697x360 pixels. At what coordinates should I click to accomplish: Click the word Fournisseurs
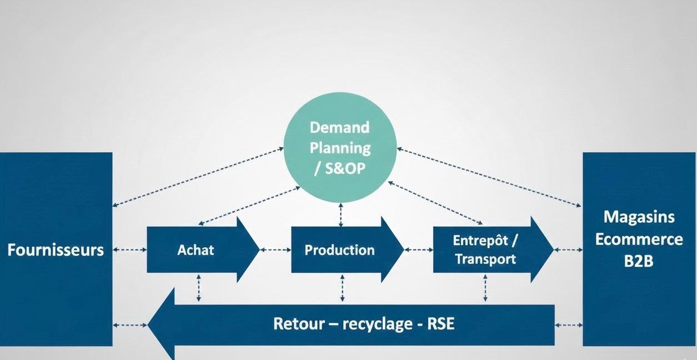56,250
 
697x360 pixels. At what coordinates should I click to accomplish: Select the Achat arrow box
195,250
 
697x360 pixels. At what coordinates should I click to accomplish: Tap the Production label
339,250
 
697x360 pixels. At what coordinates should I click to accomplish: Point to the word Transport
485,259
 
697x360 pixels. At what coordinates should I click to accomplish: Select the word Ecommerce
639,239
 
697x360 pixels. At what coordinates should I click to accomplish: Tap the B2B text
639,261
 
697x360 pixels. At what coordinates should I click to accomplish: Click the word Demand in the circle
339,127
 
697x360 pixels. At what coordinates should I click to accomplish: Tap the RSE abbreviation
440,323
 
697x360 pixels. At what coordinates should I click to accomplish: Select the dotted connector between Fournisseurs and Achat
129,250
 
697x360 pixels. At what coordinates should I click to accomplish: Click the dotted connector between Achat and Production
275,250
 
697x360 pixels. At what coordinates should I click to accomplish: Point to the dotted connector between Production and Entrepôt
418,250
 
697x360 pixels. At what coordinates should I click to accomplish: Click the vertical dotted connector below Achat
199,288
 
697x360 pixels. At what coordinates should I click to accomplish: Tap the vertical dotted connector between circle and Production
341,215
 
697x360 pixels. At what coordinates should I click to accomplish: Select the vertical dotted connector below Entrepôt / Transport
485,288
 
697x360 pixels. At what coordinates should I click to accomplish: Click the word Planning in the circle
339,148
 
